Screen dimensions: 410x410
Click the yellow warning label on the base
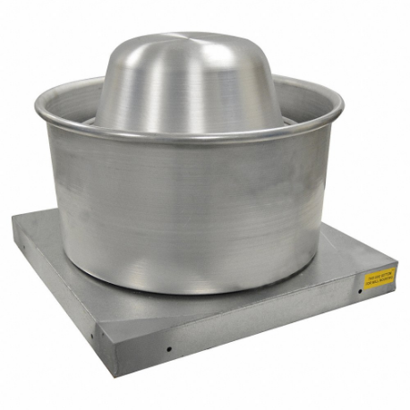pyautogui.click(x=379, y=277)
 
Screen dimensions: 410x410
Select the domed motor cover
pyautogui.click(x=190, y=81)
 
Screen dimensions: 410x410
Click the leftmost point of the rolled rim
pyautogui.click(x=37, y=109)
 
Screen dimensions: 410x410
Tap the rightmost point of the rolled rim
pyautogui.click(x=343, y=105)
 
